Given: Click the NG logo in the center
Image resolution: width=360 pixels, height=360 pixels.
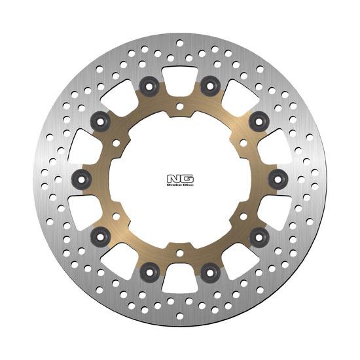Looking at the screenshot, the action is click(x=180, y=180).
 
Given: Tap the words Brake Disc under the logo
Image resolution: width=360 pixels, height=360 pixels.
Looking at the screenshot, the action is click(x=180, y=185).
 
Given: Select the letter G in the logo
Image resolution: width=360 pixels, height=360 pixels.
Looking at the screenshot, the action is click(x=187, y=179).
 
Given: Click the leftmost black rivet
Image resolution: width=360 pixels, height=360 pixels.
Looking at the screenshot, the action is click(x=82, y=179).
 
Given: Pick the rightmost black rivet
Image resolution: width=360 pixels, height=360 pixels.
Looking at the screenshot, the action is click(x=278, y=179).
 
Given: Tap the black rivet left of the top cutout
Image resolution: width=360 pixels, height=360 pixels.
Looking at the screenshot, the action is click(x=149, y=86).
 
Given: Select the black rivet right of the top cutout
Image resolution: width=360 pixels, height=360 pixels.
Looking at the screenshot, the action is click(x=210, y=86).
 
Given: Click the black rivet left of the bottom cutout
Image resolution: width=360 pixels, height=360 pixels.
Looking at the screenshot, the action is click(x=149, y=272).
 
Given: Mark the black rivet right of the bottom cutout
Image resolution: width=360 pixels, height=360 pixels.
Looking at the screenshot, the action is click(x=210, y=272).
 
